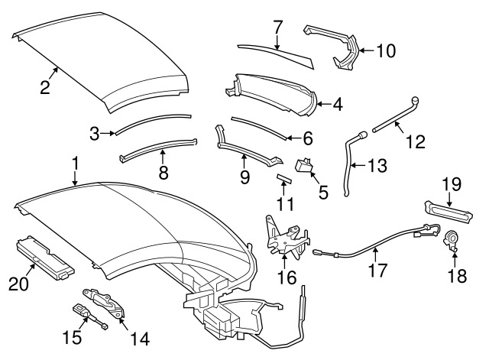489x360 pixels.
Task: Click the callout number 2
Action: (45, 87)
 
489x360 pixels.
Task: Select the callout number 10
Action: (387, 51)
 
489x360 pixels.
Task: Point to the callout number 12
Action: (413, 141)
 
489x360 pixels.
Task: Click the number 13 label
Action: (377, 165)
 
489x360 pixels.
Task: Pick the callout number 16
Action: (287, 277)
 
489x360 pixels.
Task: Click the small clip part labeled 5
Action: (307, 164)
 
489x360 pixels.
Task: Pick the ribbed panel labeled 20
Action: (44, 253)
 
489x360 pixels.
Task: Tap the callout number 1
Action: (76, 162)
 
